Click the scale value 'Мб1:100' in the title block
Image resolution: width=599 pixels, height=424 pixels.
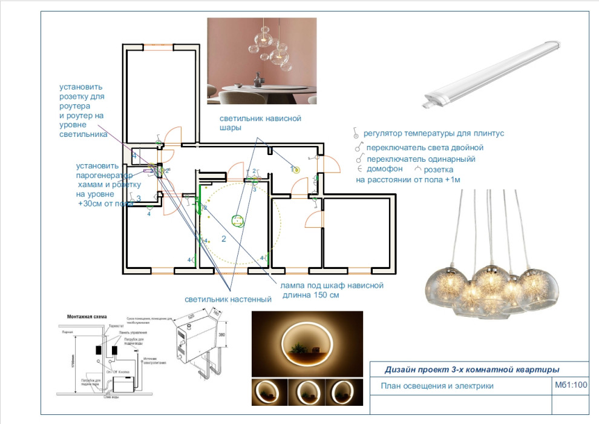pos(571,385)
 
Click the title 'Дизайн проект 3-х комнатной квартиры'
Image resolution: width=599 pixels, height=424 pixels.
pos(472,369)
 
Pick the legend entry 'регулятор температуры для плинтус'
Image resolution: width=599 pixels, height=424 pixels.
pos(433,133)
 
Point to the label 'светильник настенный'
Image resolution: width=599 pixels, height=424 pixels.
pos(228,299)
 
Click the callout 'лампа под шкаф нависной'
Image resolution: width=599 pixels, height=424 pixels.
pos(332,285)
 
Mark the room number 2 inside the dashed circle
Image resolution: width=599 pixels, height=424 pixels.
pos(223,239)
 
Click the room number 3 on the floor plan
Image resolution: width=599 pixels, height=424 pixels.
pos(139,199)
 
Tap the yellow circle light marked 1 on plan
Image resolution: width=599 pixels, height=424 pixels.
pos(296,170)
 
